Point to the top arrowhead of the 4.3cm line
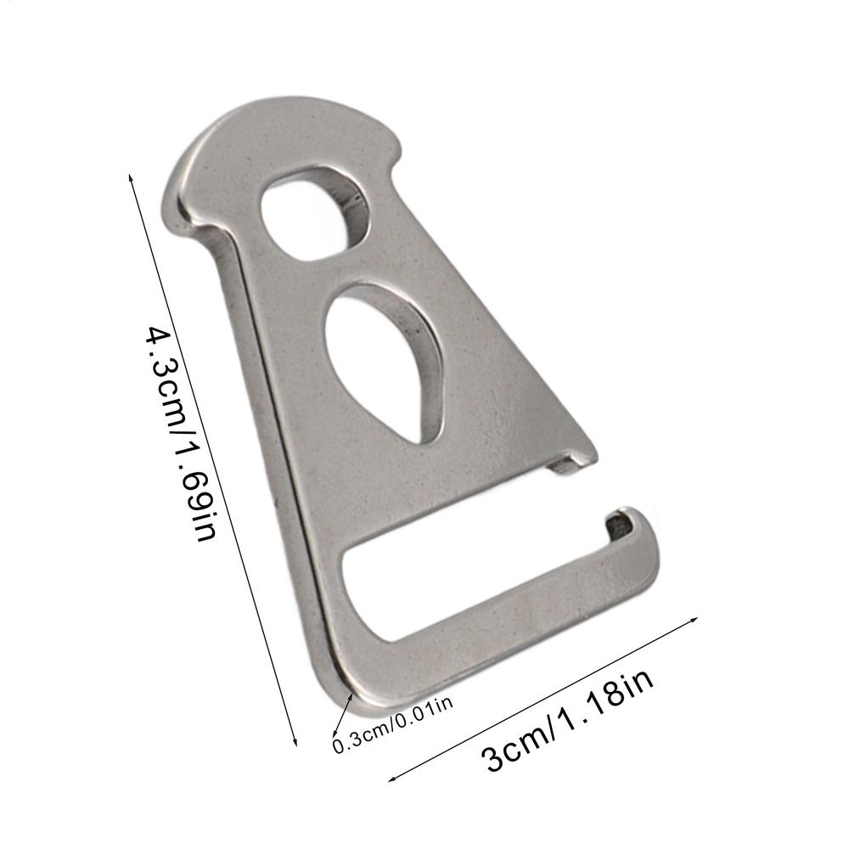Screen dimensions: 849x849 (130, 175)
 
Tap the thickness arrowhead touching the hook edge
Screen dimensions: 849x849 (351, 695)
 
